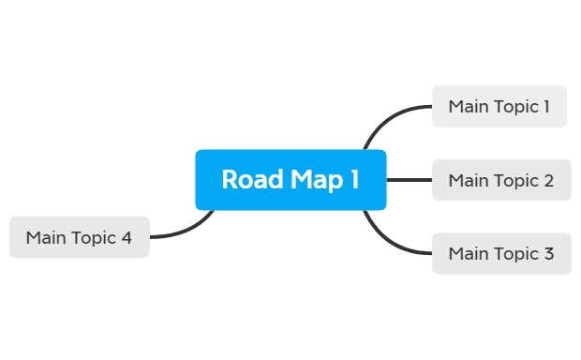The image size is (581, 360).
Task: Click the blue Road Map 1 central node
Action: pos(290,179)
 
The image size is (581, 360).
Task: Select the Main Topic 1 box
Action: pos(499,106)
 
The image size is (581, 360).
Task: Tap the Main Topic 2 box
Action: pos(500,180)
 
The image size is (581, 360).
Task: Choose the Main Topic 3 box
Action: pos(500,253)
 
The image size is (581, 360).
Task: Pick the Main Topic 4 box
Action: pos(80,237)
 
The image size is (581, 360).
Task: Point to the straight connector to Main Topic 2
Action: pos(409,180)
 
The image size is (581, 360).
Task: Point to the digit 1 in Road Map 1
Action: pos(354,179)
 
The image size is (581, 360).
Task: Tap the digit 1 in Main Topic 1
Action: pos(546,106)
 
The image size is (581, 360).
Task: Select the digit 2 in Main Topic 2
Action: pos(548,180)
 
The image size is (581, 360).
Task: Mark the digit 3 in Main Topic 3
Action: pos(548,253)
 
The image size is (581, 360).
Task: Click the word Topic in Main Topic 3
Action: pos(516,253)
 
